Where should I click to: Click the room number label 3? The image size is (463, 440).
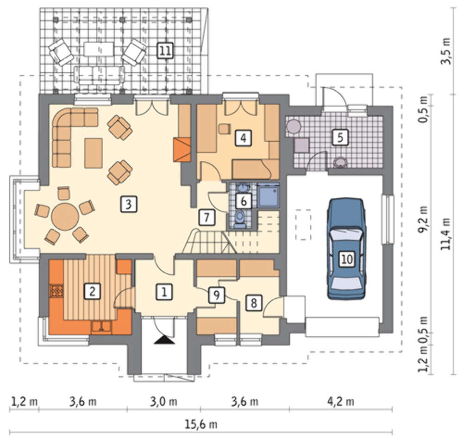tap(128, 204)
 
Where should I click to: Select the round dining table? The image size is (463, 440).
tap(65, 216)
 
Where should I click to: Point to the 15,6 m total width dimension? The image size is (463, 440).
tap(201, 425)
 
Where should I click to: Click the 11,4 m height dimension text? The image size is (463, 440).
tap(445, 233)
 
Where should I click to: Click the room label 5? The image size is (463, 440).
tap(340, 137)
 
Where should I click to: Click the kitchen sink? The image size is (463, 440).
tap(101, 327)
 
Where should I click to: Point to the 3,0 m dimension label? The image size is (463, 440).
tap(164, 402)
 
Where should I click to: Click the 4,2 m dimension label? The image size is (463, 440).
tap(340, 402)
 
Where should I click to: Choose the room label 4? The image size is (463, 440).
tap(243, 138)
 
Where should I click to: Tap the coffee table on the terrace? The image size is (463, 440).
tap(99, 49)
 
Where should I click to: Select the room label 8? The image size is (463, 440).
tap(254, 303)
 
